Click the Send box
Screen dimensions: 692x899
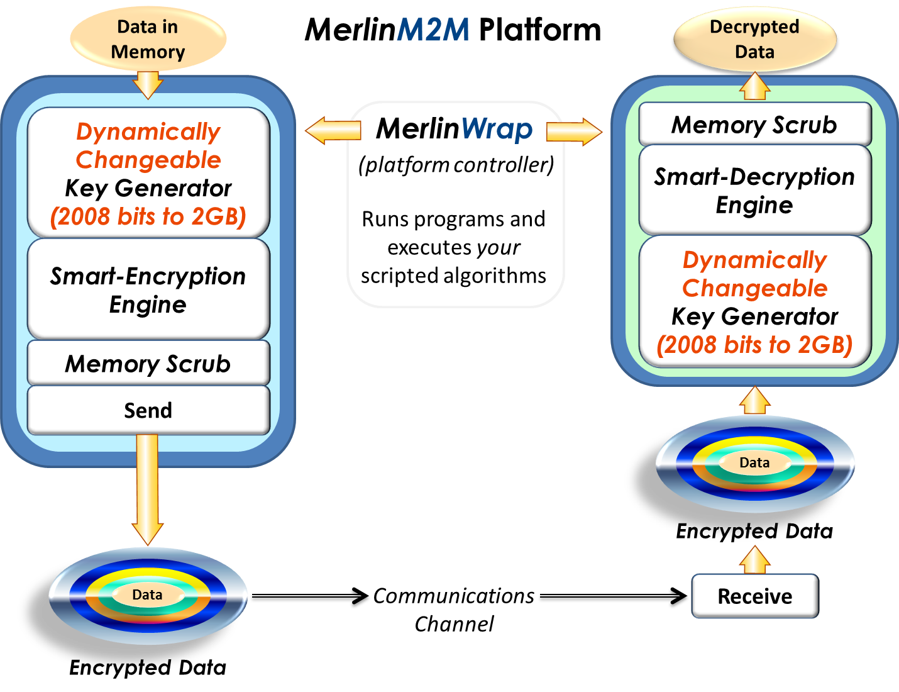148,410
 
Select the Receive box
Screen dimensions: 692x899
755,596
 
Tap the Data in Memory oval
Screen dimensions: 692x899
148,39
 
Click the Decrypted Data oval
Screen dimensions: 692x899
754,39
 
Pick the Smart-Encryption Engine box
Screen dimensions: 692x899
148,290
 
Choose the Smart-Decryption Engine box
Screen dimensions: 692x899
754,191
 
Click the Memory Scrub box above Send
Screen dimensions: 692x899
148,364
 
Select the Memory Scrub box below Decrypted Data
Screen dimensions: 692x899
754,125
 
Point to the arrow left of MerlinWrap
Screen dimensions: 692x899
333,131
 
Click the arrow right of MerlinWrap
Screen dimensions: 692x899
574,131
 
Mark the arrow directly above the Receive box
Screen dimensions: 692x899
754,559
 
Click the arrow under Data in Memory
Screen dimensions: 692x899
148,84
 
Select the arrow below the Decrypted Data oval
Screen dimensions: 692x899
754,86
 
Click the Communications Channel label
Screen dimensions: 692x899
454,610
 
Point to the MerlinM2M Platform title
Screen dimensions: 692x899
453,30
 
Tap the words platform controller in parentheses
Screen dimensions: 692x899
456,165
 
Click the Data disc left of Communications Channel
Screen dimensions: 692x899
148,595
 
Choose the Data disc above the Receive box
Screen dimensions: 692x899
754,464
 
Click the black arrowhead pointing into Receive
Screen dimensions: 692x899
679,598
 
